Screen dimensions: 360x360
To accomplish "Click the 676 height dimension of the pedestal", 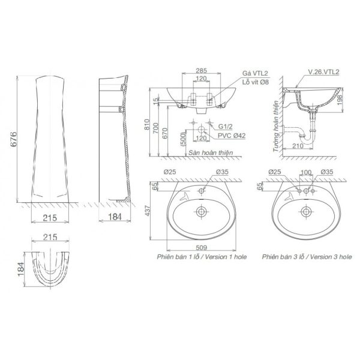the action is pyautogui.click(x=14, y=139).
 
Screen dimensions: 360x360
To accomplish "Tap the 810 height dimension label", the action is pyautogui.click(x=147, y=124).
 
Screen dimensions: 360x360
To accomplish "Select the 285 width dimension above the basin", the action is pyautogui.click(x=202, y=70).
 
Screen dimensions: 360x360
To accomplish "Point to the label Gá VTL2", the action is pyautogui.click(x=256, y=73).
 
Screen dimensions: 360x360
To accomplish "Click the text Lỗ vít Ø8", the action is pyautogui.click(x=256, y=82).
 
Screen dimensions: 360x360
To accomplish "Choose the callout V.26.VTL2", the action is pyautogui.click(x=323, y=72).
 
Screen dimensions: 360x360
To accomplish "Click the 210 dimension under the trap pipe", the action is pyautogui.click(x=298, y=146).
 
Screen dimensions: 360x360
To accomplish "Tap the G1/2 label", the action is pyautogui.click(x=225, y=127).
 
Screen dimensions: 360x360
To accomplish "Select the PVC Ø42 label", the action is pyautogui.click(x=232, y=136).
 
